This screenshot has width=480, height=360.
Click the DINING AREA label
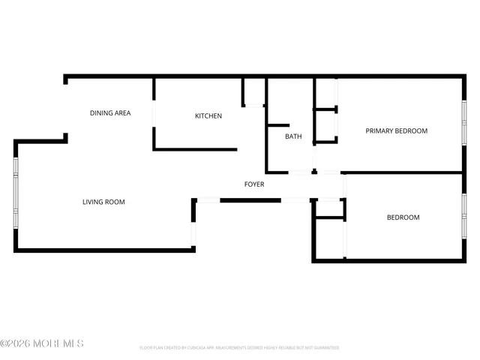pyautogui.click(x=110, y=113)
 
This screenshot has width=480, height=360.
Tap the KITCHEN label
pyautogui.click(x=208, y=115)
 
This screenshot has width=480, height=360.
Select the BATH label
pyautogui.click(x=293, y=136)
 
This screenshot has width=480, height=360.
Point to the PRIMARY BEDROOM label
pyautogui.click(x=396, y=131)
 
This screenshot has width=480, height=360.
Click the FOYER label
pyautogui.click(x=254, y=184)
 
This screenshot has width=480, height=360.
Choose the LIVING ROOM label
pyautogui.click(x=103, y=202)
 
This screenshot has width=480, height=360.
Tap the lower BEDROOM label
pyautogui.click(x=403, y=217)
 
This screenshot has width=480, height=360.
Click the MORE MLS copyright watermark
pyautogui.click(x=42, y=343)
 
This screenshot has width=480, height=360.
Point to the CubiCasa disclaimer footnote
pyautogui.click(x=239, y=348)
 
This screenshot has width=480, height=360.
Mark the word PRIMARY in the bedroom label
pyautogui.click(x=379, y=131)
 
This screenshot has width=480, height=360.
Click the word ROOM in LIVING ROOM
pyautogui.click(x=115, y=202)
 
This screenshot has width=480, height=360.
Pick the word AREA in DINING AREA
pyautogui.click(x=122, y=113)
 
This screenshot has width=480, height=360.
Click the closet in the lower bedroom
pyautogui.click(x=328, y=238)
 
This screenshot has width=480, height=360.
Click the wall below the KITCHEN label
pyautogui.click(x=195, y=149)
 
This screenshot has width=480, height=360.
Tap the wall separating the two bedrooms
pyautogui.click(x=401, y=172)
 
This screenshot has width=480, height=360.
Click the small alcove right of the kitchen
pyautogui.click(x=253, y=91)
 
